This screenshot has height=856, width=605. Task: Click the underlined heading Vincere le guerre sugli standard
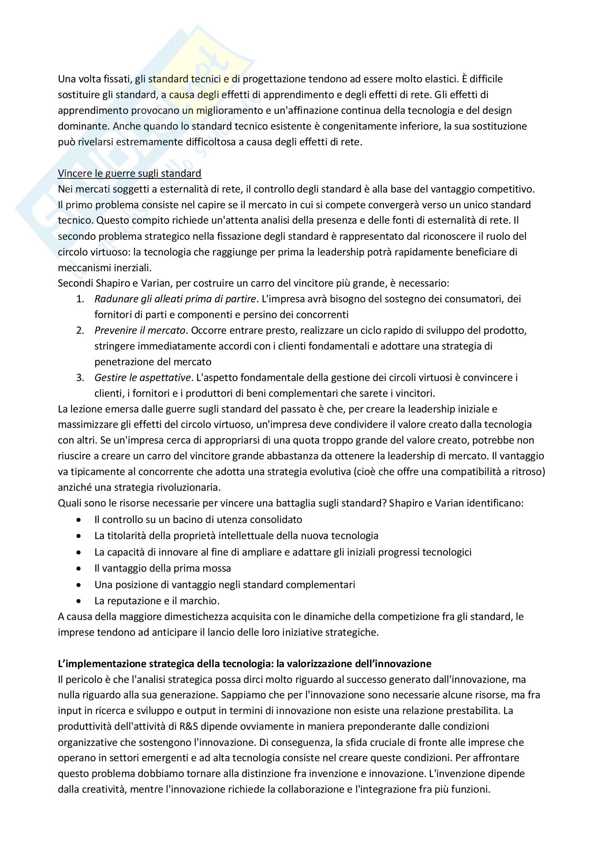click(x=129, y=173)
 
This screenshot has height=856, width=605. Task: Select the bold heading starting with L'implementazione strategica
click(x=244, y=664)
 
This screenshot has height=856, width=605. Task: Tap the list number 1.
click(x=80, y=299)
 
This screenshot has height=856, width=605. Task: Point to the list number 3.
click(x=80, y=378)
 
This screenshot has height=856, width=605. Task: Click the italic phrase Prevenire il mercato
click(x=140, y=330)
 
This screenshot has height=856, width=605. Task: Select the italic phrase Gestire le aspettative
click(x=142, y=378)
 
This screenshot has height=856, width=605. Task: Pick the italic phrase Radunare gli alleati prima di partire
click(x=175, y=299)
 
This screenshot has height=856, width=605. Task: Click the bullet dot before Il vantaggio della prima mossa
click(x=78, y=569)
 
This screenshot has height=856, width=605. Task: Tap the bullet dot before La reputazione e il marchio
click(x=78, y=601)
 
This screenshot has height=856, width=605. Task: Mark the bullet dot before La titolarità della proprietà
click(x=78, y=536)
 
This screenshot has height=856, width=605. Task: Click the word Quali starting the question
click(x=69, y=503)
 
